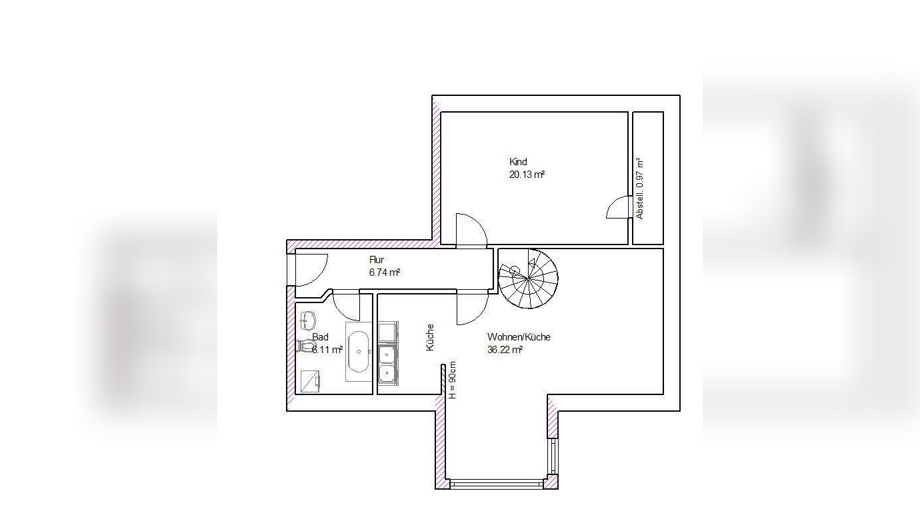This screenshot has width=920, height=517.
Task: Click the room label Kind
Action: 518,162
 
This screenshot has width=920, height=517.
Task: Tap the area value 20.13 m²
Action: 527,175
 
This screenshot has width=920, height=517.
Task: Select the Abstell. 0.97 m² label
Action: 639,189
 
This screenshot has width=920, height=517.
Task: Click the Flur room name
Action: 377,260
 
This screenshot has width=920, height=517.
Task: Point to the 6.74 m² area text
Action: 385,272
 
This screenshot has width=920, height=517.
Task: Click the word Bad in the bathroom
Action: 321,337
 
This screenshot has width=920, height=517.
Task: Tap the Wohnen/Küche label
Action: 519,337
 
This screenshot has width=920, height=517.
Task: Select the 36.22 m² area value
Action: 505,350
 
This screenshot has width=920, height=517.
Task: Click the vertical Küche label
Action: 430,337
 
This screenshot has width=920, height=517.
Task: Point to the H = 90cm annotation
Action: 452,380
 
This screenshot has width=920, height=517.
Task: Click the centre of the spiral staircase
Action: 528,278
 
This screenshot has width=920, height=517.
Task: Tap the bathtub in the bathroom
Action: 359,352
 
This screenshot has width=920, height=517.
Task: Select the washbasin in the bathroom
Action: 308,320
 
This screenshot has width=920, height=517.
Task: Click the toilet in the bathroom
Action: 305,346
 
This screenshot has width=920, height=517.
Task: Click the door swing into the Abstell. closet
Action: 618,207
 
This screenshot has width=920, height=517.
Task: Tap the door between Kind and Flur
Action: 471,231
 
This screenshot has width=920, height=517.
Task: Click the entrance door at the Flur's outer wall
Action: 311,270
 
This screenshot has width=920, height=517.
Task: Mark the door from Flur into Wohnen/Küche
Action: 472,307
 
